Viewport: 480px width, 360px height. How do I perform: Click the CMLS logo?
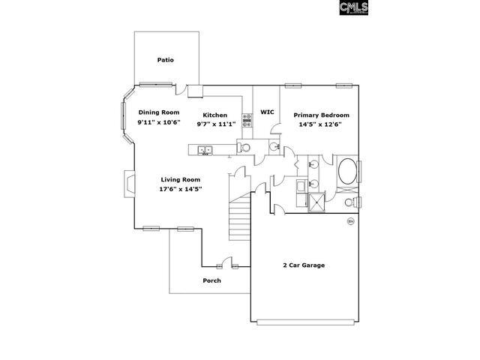pos(353,7)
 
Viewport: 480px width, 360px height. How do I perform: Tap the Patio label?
pos(165,60)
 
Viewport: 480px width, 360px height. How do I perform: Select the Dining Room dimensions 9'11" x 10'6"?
pos(159,122)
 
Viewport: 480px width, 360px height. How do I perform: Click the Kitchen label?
pos(215,115)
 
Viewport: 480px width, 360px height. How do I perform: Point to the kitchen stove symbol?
pos(247,120)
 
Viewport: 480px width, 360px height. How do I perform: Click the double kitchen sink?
pos(205,150)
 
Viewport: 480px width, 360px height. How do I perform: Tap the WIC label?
pos(267,112)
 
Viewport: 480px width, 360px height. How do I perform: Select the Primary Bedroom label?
pos(322,115)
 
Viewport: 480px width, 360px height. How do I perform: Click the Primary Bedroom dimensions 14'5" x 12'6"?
pos(320,124)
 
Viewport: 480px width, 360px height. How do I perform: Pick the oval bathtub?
pos(347,171)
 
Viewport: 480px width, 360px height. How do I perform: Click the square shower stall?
pos(316,202)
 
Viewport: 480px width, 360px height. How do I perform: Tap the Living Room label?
pos(181,180)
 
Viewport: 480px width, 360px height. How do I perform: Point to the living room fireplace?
pos(130,184)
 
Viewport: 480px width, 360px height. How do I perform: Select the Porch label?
pos(211,280)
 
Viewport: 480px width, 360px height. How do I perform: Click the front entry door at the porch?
pos(227,262)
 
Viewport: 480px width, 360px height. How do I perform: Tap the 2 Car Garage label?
pos(304,265)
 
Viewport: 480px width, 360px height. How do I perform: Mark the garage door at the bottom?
pos(305,322)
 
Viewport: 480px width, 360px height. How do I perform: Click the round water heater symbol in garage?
pos(350,221)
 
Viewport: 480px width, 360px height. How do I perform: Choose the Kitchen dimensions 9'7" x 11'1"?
pos(216,124)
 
